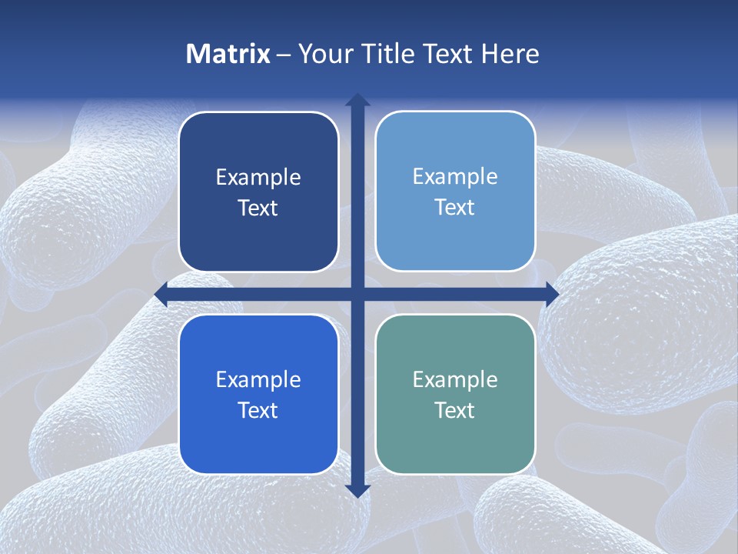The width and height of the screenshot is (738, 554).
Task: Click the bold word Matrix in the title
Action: pos(228,54)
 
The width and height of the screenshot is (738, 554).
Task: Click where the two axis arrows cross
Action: pos(357,294)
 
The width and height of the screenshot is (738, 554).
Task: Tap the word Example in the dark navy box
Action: pos(258,178)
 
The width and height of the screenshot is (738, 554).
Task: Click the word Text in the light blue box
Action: pos(455,208)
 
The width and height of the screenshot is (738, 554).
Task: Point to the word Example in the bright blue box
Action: pos(258,379)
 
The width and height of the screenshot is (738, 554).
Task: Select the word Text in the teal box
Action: pos(455,410)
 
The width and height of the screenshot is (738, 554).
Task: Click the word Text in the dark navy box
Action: pos(258,209)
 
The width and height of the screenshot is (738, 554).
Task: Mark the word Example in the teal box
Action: pos(455,379)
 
